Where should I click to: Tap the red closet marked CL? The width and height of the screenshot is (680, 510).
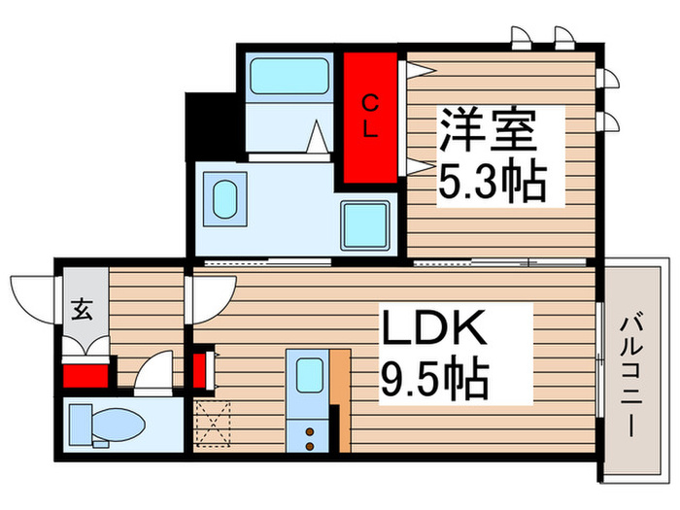(x=369, y=119)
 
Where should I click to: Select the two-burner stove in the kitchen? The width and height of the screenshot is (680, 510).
(x=309, y=435)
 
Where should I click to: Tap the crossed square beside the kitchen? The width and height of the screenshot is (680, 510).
(x=211, y=425)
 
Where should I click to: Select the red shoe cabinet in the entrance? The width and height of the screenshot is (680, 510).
(x=85, y=374)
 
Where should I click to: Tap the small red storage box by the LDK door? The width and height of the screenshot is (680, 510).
(x=200, y=370)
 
